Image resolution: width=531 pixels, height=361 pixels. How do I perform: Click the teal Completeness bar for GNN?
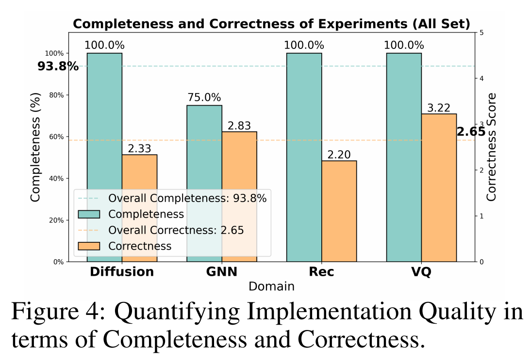pyautogui.click(x=204, y=145)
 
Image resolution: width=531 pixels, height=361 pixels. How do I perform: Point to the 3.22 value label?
pyautogui.click(x=439, y=107)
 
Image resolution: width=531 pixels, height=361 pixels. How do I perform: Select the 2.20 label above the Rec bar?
pyautogui.click(x=339, y=154)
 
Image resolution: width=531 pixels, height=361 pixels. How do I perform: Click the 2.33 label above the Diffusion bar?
pyautogui.click(x=139, y=148)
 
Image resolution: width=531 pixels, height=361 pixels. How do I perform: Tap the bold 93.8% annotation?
pyautogui.click(x=58, y=66)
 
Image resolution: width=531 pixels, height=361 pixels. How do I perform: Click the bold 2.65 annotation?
pyautogui.click(x=471, y=132)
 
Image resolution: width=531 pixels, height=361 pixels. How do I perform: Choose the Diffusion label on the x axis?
pyautogui.click(x=122, y=271)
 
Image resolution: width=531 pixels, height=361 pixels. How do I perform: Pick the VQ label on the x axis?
pyautogui.click(x=421, y=271)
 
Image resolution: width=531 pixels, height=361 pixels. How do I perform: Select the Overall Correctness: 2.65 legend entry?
pyautogui.click(x=176, y=230)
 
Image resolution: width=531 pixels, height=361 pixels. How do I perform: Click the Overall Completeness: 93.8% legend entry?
pyautogui.click(x=187, y=199)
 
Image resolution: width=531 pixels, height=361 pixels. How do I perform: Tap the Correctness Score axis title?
pyautogui.click(x=492, y=147)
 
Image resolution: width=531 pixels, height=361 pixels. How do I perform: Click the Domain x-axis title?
pyautogui.click(x=271, y=286)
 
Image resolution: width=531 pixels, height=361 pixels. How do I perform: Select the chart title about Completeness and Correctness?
pyautogui.click(x=271, y=23)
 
